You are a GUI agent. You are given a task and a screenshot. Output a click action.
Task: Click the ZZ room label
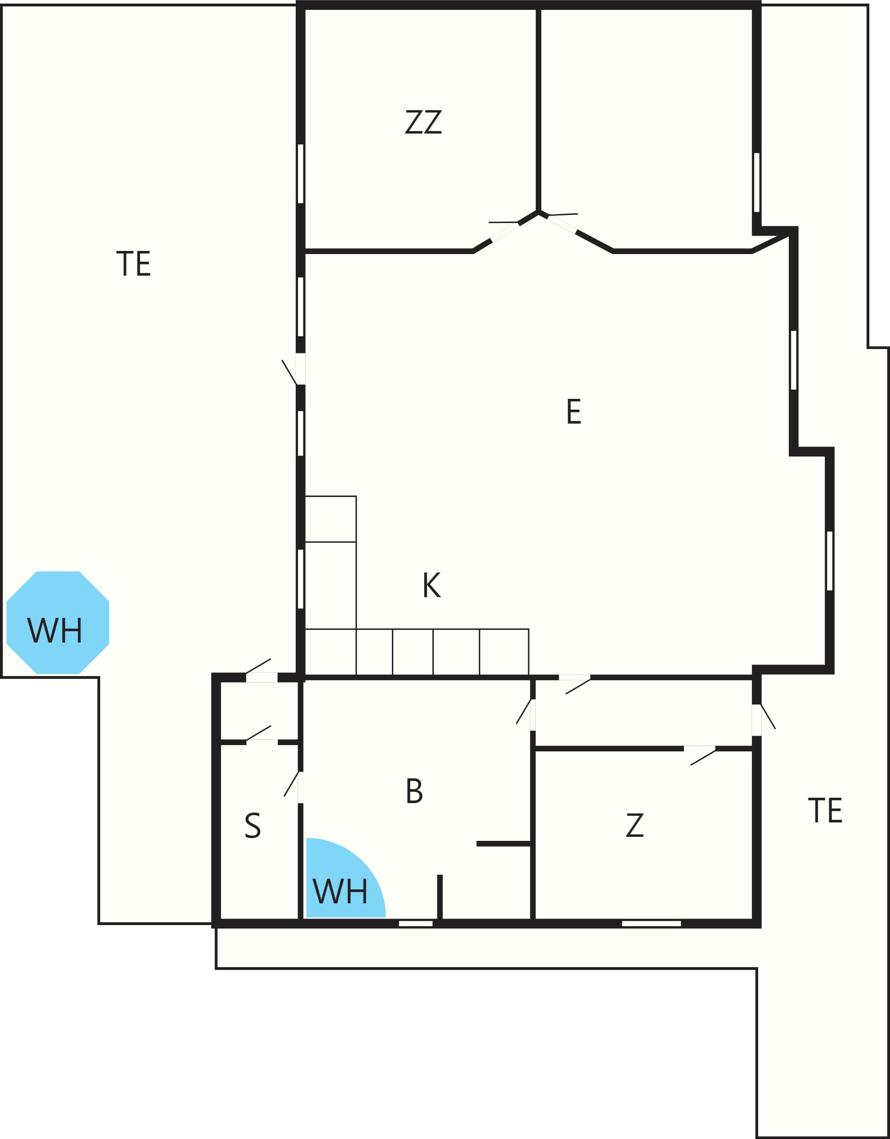423,122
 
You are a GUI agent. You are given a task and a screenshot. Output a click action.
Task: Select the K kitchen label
432,585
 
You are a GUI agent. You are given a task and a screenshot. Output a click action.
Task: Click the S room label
253,825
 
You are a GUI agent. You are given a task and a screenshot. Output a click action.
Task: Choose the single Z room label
635,825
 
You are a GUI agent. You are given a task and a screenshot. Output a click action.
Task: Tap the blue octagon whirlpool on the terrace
58,623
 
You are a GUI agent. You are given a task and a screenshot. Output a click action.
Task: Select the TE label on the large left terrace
133,264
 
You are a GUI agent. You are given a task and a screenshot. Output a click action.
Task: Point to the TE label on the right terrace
825,810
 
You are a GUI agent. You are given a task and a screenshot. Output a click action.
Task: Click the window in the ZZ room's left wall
300,174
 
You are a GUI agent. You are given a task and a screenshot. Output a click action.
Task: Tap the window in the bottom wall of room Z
651,924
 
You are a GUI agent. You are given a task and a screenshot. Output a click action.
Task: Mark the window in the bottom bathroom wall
415,924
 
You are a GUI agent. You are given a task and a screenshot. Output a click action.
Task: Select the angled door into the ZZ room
505,231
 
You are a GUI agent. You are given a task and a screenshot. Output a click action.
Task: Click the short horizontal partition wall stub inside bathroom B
503,844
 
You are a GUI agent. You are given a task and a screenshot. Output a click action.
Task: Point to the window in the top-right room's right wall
756,183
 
